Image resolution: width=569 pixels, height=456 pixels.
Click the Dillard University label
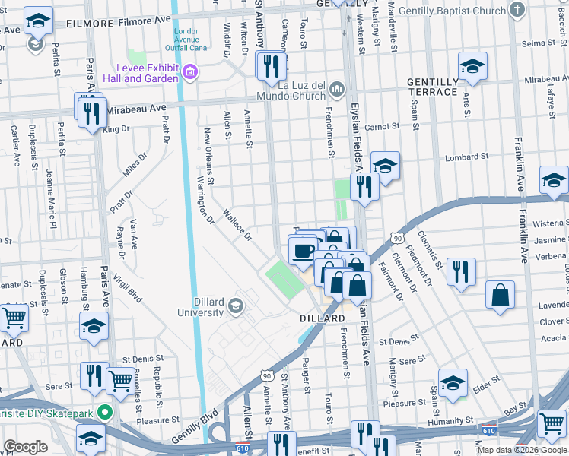[201, 307]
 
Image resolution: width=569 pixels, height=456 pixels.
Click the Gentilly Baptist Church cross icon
[517, 11]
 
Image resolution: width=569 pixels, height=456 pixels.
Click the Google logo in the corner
[25, 447]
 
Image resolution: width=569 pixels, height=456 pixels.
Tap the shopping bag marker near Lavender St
[500, 295]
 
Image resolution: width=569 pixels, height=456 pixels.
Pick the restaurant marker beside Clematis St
[460, 271]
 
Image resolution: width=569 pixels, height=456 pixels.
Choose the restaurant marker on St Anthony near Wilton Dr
[271, 66]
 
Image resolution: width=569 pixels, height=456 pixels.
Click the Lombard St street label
[467, 157]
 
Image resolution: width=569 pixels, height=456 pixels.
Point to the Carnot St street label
[383, 127]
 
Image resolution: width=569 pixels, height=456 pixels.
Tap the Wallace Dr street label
[237, 225]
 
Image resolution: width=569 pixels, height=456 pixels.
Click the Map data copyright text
[522, 450]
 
